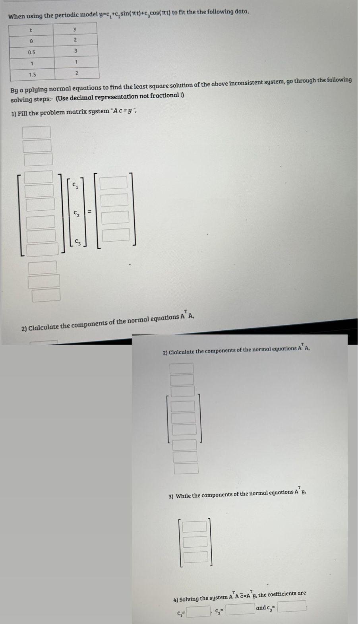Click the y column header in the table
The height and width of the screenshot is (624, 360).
[x=75, y=29]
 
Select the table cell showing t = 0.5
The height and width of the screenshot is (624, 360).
[x=31, y=52]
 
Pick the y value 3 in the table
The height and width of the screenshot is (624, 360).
[x=75, y=51]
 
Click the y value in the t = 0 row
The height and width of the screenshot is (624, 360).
[x=75, y=40]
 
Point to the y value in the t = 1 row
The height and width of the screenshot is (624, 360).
[x=75, y=62]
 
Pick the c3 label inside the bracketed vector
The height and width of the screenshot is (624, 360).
[x=76, y=242]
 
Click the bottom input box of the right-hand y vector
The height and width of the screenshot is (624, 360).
[x=116, y=234]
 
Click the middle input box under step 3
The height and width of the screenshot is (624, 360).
[x=195, y=541]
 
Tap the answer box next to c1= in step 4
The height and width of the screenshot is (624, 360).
[x=198, y=611]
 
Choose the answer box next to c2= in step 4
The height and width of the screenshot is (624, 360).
[x=240, y=609]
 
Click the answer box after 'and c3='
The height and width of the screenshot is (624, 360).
[x=291, y=607]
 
